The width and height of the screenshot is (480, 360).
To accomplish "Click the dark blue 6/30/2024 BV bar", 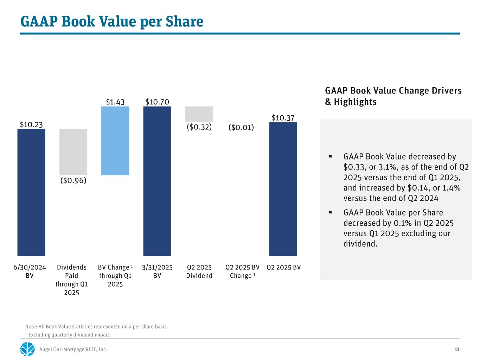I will point(31,192).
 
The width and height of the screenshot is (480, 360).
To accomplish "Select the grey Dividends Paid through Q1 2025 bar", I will point(73,152).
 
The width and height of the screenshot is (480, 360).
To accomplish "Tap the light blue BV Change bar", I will point(115,141).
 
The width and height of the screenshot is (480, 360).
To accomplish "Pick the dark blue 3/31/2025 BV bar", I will point(157,181).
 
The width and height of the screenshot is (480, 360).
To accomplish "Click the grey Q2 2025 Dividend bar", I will point(199,114).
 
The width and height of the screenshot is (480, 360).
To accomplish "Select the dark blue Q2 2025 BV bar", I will point(283,189).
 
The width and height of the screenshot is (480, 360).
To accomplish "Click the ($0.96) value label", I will point(73,180).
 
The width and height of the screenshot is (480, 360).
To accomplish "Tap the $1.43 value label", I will point(115,102).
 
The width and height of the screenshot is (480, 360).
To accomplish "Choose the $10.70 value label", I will point(157,102).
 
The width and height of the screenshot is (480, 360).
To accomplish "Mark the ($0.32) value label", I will point(199,127).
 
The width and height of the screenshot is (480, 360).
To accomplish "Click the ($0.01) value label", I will point(241,127).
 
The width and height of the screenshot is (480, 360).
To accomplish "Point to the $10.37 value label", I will point(283,118).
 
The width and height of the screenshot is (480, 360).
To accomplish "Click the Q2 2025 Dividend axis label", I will point(199,271).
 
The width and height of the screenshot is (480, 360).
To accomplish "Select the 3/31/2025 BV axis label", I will point(157,271).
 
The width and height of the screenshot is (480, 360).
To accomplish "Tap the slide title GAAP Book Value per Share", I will point(112,21).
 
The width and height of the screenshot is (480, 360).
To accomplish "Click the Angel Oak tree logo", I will point(27,349).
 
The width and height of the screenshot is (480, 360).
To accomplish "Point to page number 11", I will point(457,349).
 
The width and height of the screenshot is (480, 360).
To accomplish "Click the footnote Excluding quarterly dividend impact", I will point(69,335).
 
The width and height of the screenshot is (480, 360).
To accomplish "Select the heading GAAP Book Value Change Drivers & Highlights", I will point(393,96).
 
